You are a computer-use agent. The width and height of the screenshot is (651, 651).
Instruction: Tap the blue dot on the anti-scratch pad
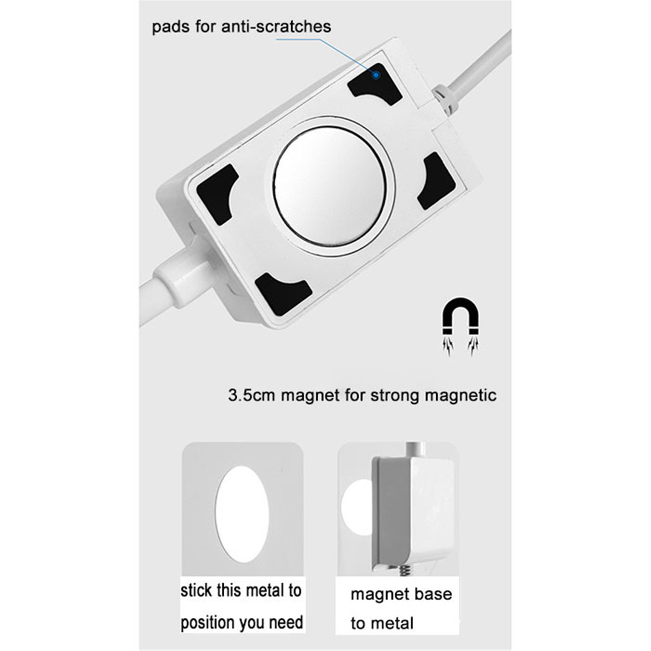376,75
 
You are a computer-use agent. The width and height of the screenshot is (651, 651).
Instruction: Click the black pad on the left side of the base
217,194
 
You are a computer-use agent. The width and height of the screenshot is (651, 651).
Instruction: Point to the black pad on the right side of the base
436,181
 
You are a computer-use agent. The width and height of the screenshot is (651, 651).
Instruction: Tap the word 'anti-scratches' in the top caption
276,27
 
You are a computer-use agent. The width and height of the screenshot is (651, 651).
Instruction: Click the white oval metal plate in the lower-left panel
242,514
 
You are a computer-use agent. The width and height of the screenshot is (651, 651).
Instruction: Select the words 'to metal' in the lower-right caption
382,623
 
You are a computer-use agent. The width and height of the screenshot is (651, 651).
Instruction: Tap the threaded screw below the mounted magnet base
405,571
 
